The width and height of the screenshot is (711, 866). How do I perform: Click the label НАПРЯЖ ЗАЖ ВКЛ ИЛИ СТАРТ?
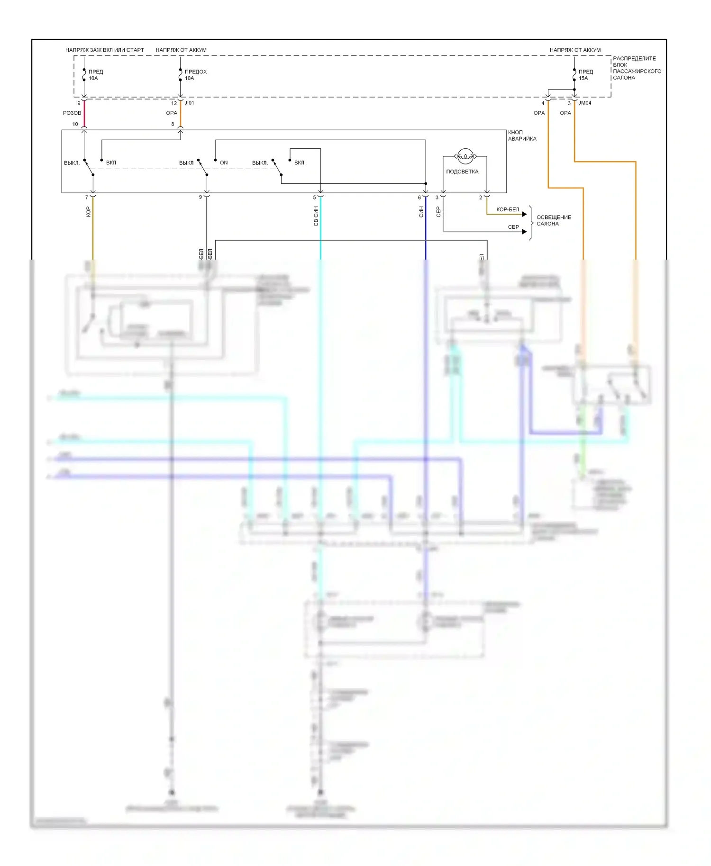click(104, 50)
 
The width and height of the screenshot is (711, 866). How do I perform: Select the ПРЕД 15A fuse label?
click(585, 75)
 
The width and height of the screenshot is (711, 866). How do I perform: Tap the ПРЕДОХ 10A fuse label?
click(195, 75)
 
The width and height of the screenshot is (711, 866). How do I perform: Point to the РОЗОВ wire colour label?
click(72, 113)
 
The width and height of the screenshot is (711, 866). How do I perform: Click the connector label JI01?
click(189, 103)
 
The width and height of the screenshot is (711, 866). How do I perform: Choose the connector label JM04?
click(585, 103)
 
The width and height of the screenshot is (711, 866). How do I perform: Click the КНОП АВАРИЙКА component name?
click(522, 135)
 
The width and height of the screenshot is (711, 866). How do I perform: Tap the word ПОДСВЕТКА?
click(462, 171)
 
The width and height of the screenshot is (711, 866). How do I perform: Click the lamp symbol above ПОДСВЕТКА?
click(465, 156)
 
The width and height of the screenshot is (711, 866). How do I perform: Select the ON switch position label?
click(224, 162)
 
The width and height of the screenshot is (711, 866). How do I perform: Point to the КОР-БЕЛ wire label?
click(508, 209)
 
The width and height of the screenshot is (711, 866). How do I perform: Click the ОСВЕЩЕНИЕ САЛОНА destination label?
click(554, 220)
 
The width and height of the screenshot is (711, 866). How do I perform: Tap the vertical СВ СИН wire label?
click(316, 216)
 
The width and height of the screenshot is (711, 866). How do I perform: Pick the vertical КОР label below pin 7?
click(88, 212)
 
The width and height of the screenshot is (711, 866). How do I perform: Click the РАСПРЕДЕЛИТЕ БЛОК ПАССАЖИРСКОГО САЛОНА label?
click(637, 68)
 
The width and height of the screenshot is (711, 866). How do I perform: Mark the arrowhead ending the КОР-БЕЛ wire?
click(524, 214)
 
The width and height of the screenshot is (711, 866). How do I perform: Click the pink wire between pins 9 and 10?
click(84, 114)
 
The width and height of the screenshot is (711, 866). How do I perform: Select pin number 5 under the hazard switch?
click(314, 198)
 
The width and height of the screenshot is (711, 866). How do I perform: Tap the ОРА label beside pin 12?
click(172, 113)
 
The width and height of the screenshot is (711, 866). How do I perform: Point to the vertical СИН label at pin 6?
click(421, 212)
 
